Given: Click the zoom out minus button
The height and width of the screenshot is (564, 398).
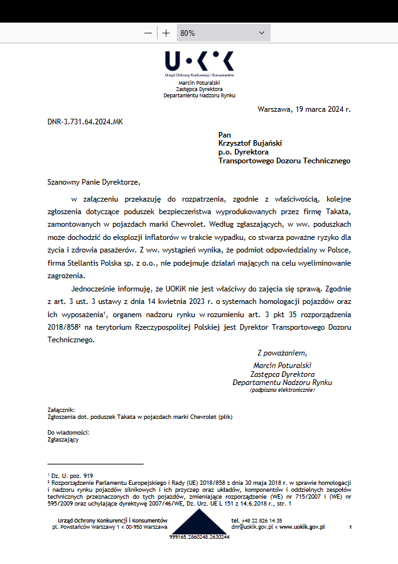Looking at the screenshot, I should click(148, 33).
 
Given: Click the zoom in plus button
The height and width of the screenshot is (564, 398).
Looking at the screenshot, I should click(166, 33).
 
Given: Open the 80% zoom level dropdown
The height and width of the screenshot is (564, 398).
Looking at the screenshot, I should click(223, 33).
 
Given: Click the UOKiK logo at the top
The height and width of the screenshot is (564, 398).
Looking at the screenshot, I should click(199, 62).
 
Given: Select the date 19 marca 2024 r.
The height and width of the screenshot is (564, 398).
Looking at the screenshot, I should click(321, 109).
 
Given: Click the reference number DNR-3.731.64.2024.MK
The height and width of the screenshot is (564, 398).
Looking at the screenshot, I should click(85, 121).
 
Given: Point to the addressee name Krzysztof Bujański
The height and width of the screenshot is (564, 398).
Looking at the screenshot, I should click(254, 143).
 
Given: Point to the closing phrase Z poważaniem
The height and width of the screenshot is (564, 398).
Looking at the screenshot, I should click(282, 353).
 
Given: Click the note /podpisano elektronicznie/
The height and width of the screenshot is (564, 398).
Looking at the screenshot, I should click(282, 390).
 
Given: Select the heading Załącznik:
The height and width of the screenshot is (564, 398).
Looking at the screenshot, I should click(61, 409).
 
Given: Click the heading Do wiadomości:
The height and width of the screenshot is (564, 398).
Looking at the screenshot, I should click(68, 433).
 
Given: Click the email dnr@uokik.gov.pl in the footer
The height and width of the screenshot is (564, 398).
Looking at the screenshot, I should click(252, 527).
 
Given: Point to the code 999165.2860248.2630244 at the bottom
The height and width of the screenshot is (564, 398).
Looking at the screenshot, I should click(199, 537).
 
